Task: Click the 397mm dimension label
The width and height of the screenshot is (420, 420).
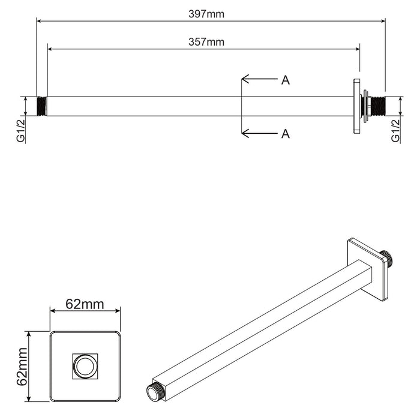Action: click(x=206, y=14)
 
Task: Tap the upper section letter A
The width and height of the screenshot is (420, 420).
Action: click(x=286, y=80)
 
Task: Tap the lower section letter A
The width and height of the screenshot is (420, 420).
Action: click(x=286, y=133)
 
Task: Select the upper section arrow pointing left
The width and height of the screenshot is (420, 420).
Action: click(x=258, y=79)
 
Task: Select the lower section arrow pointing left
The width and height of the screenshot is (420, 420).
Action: click(x=258, y=133)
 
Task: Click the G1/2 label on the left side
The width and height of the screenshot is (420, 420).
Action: click(x=22, y=130)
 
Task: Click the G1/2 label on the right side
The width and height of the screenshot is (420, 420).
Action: click(x=395, y=130)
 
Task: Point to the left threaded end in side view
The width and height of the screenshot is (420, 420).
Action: click(x=42, y=106)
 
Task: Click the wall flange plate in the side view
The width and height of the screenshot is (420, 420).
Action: click(x=357, y=106)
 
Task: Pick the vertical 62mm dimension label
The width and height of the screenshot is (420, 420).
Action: click(x=22, y=366)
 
